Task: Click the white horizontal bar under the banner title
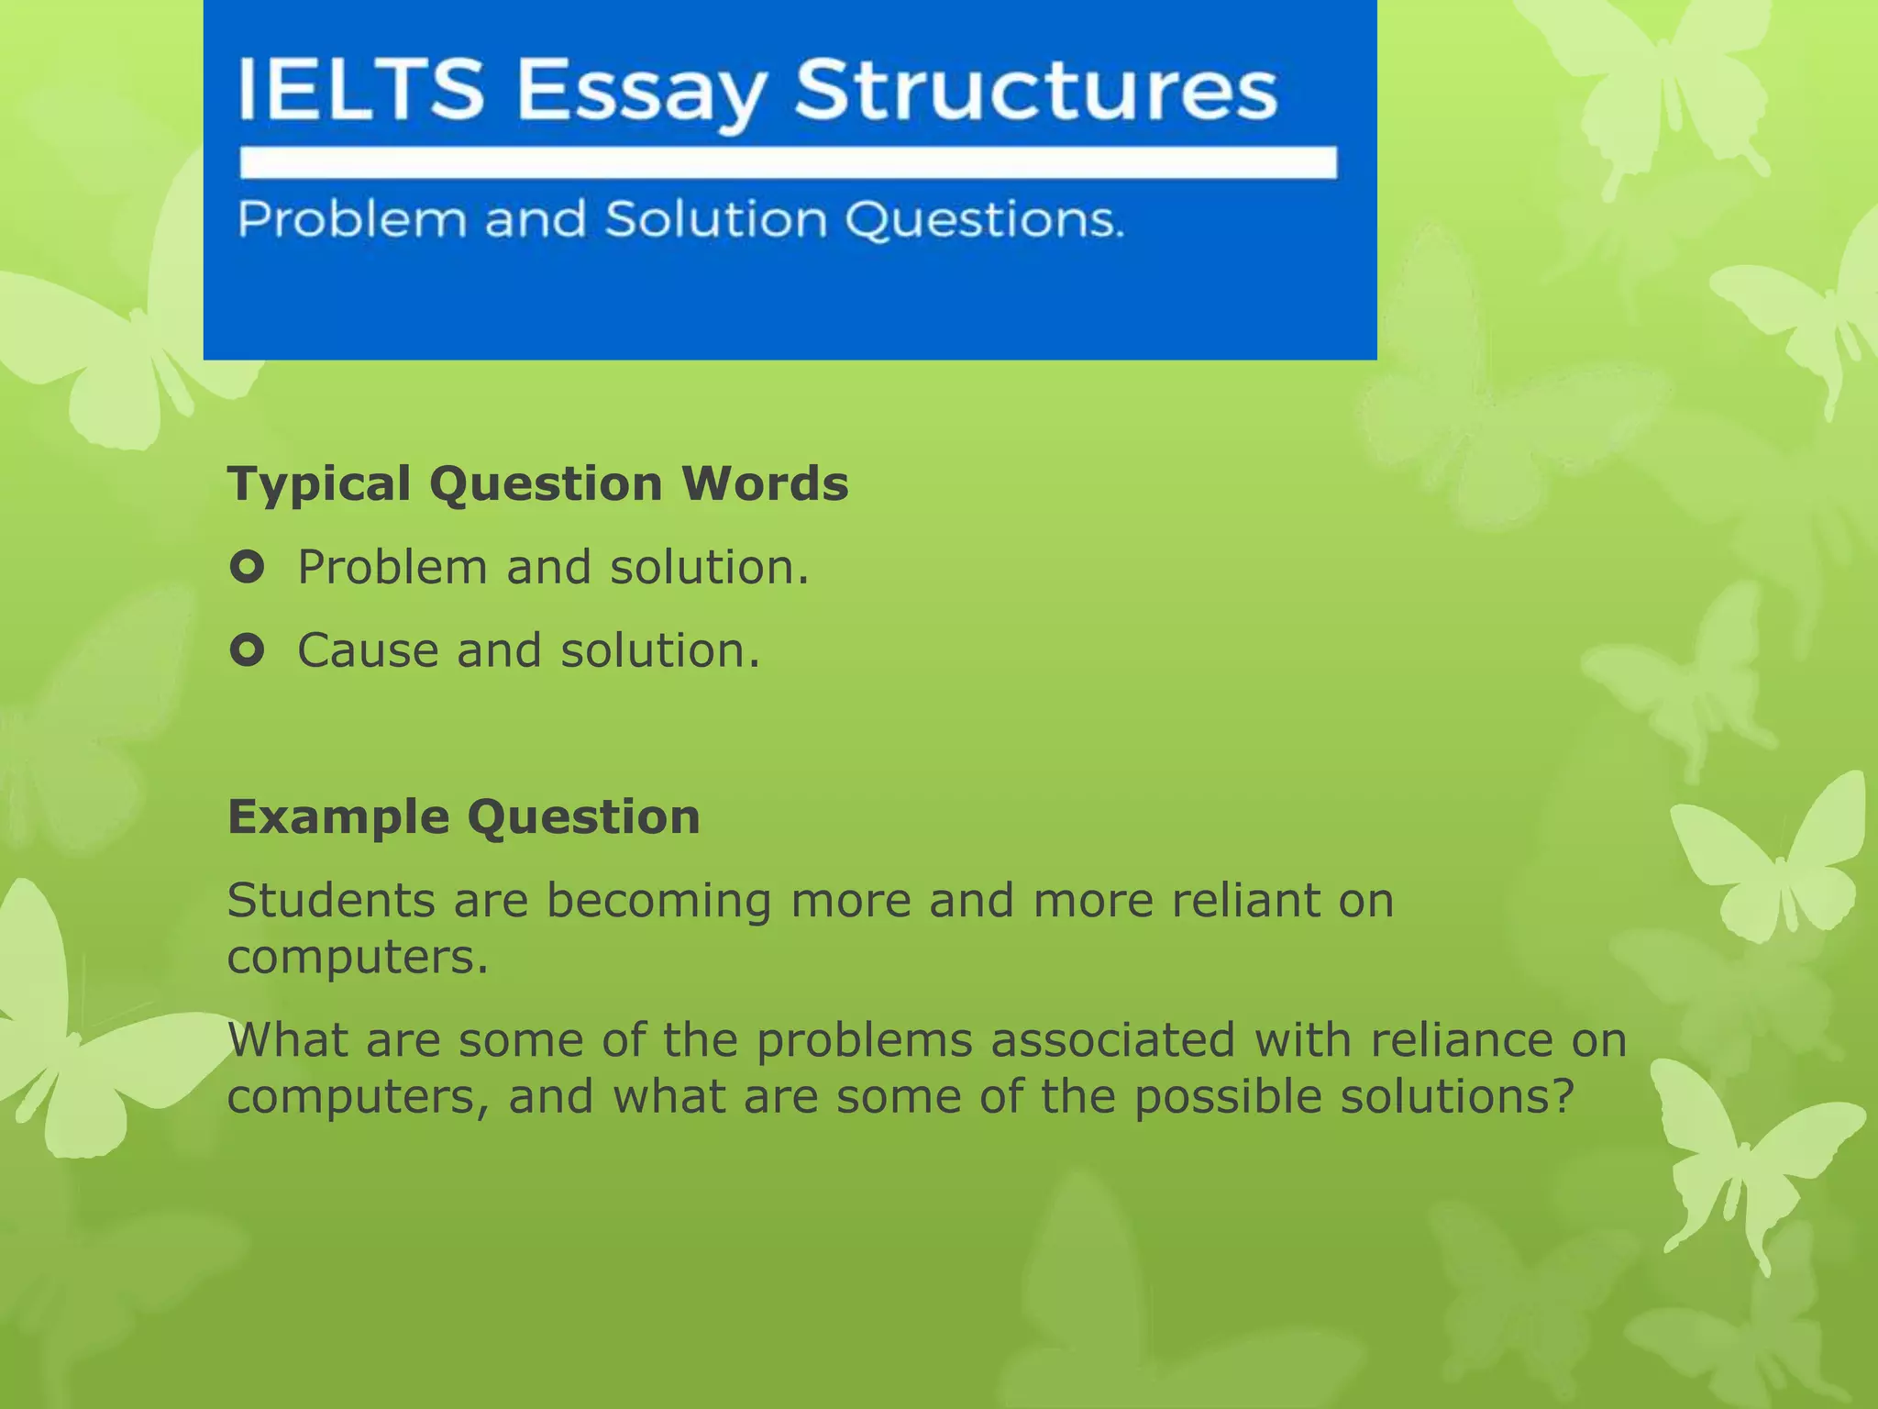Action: (788, 162)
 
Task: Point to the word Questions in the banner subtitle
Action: (984, 220)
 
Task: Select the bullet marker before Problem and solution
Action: (248, 568)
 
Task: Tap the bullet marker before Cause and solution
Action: (248, 650)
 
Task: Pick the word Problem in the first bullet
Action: (393, 568)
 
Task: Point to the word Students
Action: (331, 900)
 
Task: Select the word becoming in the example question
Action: (659, 902)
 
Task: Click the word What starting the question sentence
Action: (288, 1039)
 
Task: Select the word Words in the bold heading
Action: (765, 484)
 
